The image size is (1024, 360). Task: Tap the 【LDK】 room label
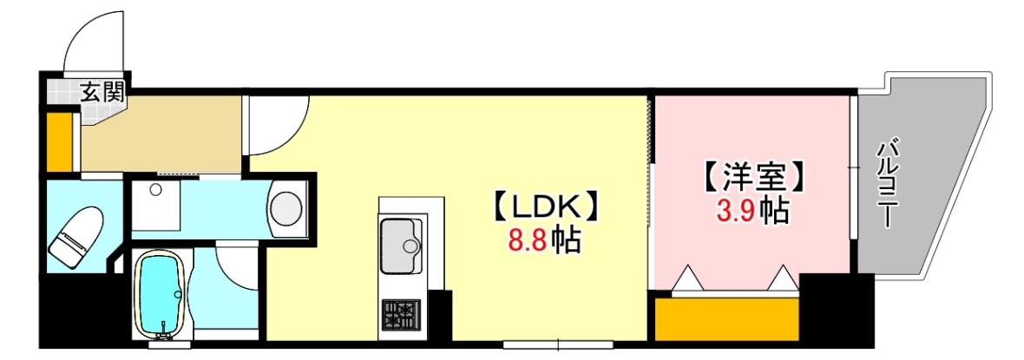coord(545,206)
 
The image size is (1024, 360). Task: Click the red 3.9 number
coord(733,211)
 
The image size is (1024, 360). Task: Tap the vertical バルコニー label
coord(886,181)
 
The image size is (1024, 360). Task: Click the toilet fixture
coord(75,234)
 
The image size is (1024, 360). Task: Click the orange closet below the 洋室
coord(727,319)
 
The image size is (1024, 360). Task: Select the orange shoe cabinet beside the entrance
coord(59,141)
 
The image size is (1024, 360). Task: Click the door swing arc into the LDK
coord(279,126)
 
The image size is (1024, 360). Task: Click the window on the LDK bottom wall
coord(558,344)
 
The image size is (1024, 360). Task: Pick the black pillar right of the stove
coord(441,316)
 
